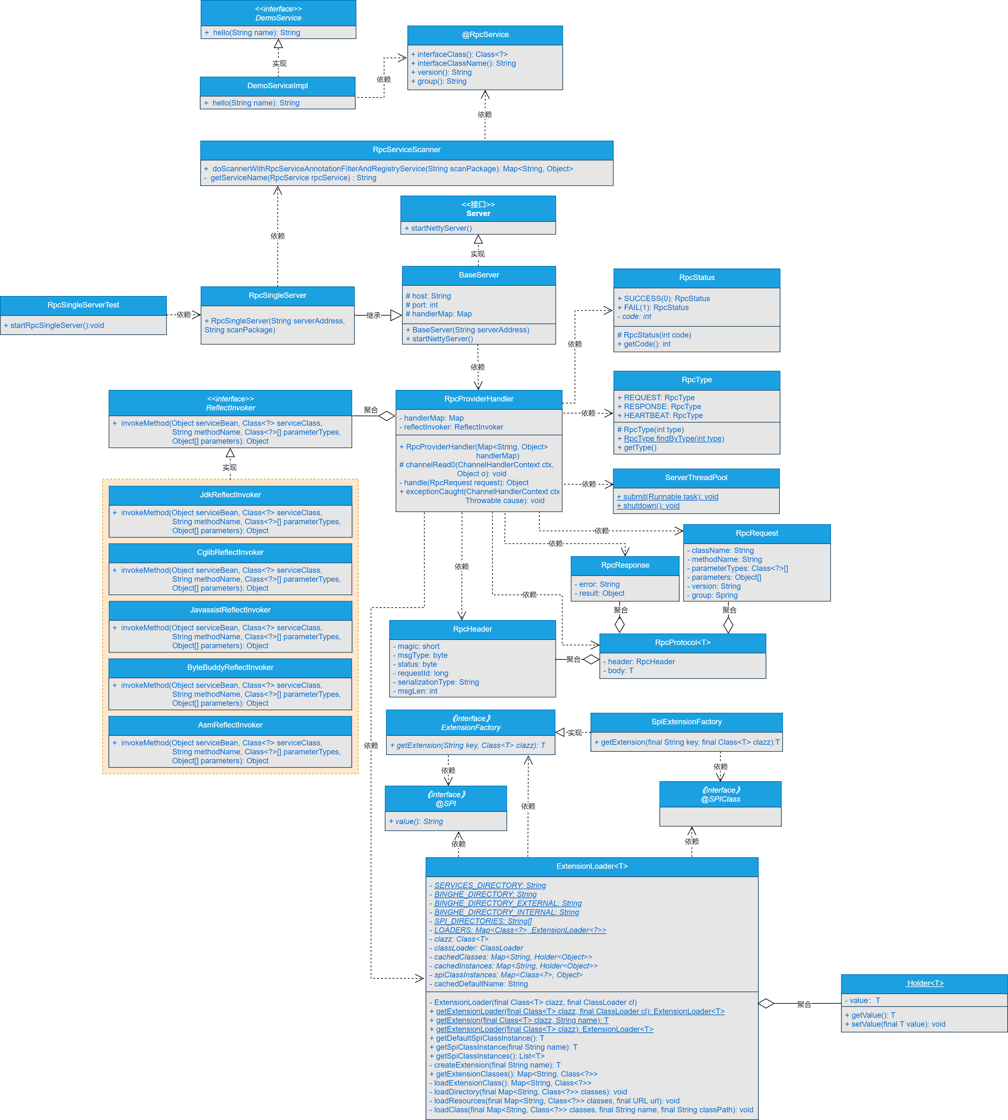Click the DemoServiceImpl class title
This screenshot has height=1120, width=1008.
[277, 86]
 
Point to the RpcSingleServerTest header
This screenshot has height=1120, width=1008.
[83, 305]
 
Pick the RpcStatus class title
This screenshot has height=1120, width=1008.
[696, 277]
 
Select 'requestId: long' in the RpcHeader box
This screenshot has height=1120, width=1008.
[423, 673]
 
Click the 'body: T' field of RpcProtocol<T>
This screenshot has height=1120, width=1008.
[620, 671]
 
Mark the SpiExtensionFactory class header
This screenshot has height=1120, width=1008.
[686, 722]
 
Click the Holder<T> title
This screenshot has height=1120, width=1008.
[924, 983]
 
